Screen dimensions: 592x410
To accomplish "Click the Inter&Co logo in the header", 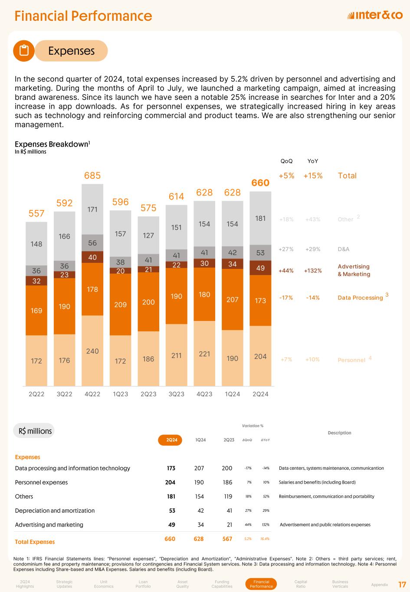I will [375, 16].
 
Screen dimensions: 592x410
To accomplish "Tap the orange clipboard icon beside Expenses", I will [24, 51].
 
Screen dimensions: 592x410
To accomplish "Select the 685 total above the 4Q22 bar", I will [92, 176].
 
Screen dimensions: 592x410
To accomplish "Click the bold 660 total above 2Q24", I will [260, 183].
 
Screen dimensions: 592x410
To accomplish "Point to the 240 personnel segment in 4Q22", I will [92, 351].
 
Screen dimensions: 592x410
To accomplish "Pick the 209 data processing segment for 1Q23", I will [120, 304].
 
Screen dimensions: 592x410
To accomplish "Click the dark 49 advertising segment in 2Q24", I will [260, 268].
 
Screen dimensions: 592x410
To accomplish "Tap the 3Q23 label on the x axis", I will [176, 394].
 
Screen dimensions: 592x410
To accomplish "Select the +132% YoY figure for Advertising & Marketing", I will [313, 271].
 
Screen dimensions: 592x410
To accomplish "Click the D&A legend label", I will [343, 249].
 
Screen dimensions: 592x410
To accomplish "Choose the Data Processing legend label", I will [360, 298].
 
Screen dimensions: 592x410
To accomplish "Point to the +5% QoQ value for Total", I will [286, 176].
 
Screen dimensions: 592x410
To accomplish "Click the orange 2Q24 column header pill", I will [172, 440].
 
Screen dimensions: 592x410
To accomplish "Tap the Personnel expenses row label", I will [42, 482].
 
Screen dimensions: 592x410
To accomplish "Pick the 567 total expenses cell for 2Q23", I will [228, 539].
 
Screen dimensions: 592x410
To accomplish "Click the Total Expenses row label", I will [35, 542].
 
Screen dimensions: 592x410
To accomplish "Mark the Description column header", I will [339, 433].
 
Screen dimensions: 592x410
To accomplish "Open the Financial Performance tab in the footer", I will [261, 584].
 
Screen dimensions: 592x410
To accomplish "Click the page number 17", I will [401, 584].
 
